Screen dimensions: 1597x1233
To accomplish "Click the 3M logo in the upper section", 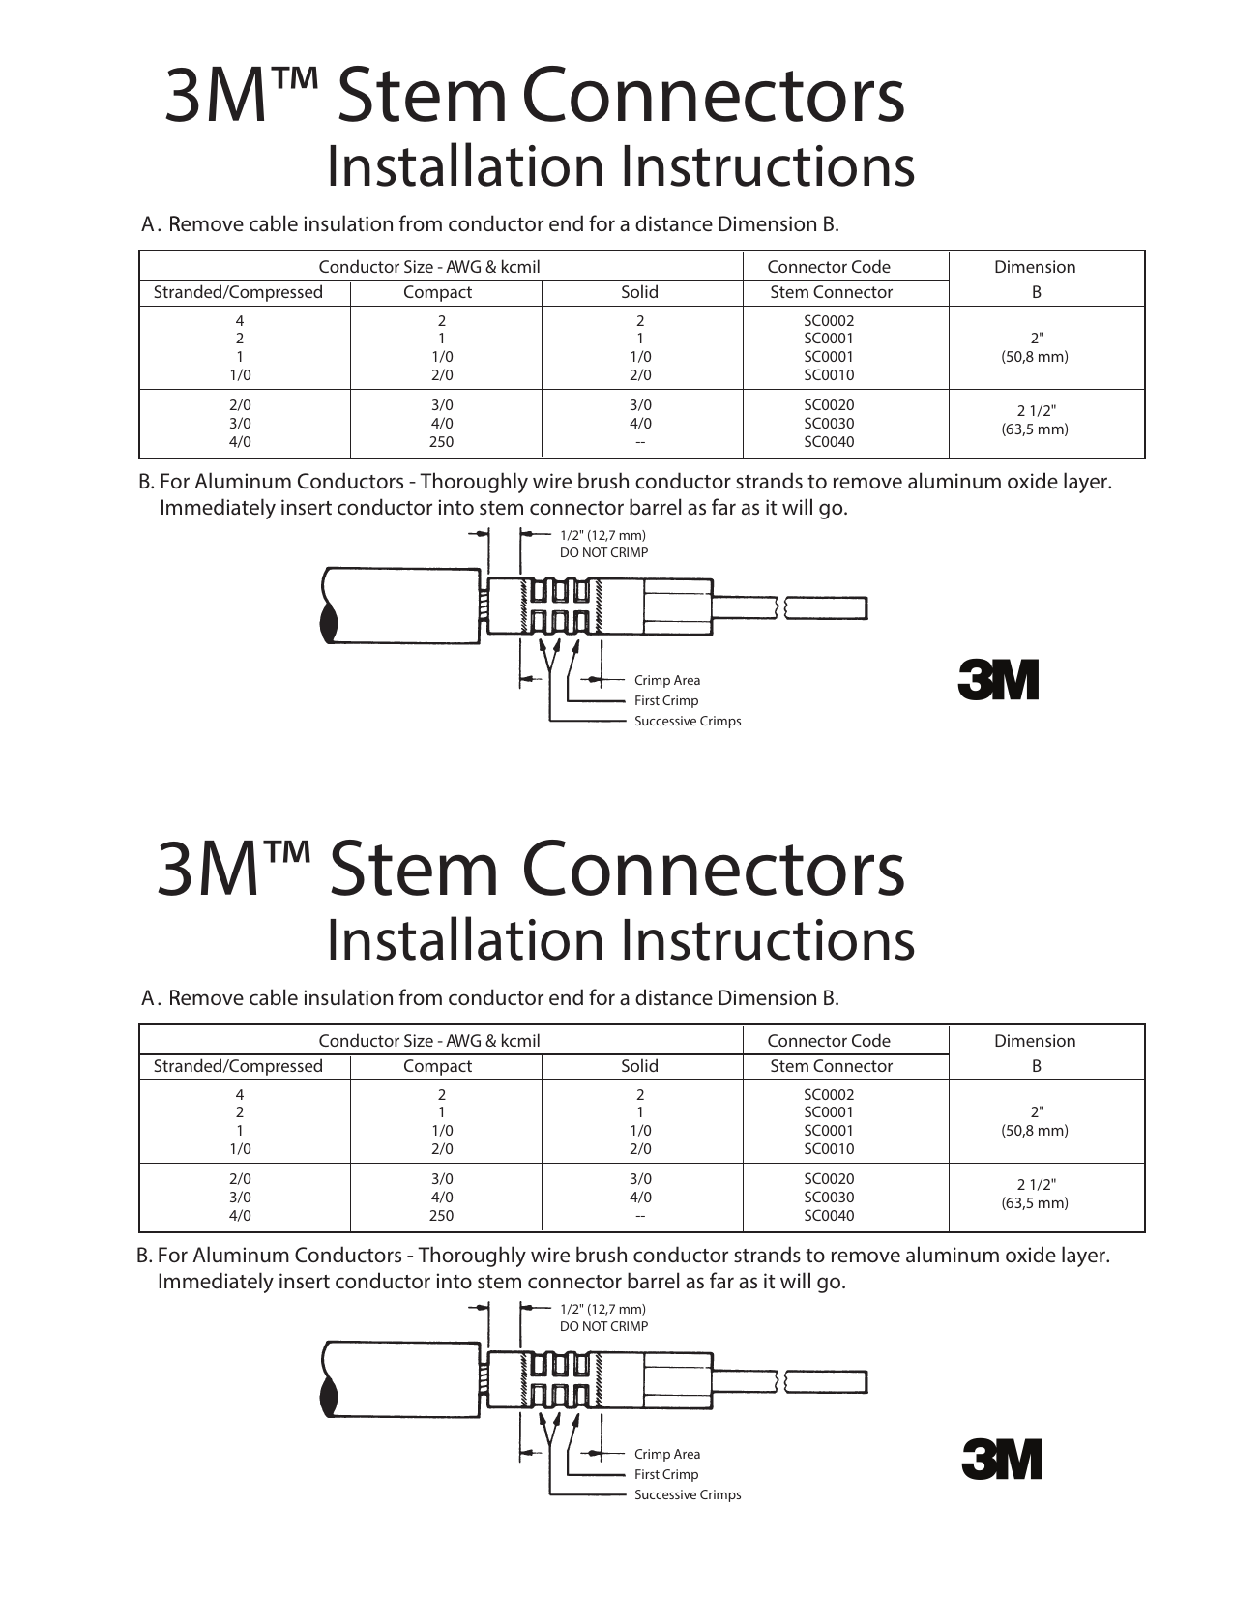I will click(x=998, y=680).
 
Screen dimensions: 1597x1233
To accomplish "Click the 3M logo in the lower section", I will click(x=1002, y=1460).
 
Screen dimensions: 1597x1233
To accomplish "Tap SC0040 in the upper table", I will click(x=829, y=442).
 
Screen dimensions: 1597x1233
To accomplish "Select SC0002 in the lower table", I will click(x=829, y=1095).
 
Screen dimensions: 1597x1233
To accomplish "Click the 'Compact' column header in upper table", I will click(x=437, y=292).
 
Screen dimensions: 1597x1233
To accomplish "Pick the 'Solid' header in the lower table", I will click(x=639, y=1066).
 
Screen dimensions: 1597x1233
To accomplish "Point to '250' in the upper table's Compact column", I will click(x=441, y=442).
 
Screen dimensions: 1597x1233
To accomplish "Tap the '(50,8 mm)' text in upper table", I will click(x=1035, y=357).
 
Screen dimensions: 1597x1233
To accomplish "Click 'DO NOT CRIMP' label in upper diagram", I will click(x=603, y=553).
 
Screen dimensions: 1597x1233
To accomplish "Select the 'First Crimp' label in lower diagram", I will click(x=665, y=1474).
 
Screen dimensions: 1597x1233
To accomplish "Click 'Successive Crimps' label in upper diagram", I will click(x=687, y=721).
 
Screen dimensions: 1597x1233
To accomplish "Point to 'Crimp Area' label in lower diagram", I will click(x=666, y=1454).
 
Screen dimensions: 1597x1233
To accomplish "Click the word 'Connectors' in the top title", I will click(x=713, y=96).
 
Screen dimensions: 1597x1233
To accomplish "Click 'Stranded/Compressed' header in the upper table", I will click(x=238, y=292).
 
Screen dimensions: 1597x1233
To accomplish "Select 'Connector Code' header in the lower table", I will click(x=828, y=1041).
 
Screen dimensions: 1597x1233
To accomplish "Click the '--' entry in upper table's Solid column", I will click(x=639, y=442).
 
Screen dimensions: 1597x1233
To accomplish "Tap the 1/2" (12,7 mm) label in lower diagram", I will click(x=602, y=1309).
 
